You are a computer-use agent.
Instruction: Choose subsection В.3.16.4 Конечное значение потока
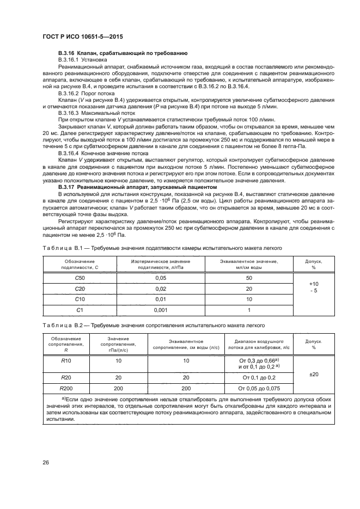coord(102,154)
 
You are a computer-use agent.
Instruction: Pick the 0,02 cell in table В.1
coord(160,289)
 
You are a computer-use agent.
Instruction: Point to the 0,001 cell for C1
coord(160,310)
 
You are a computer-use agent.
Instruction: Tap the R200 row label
coord(65,388)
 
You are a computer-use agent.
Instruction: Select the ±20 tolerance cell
coord(314,374)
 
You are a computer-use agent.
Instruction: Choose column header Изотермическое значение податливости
coord(160,265)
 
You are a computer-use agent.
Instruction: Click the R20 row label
coord(65,377)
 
